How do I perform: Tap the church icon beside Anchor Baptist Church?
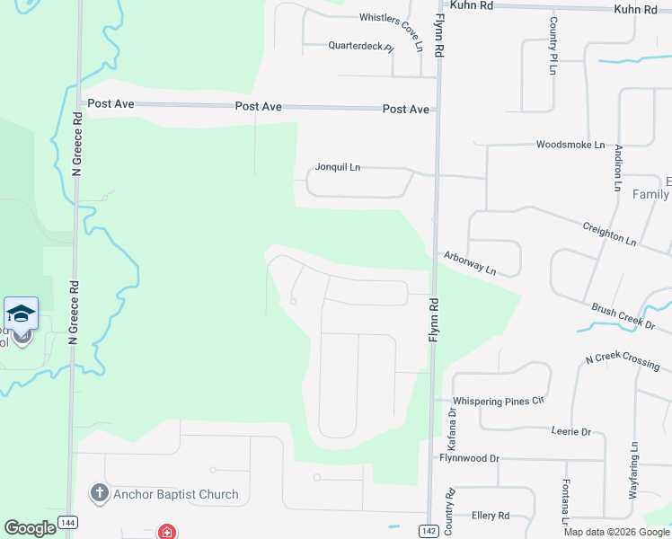point(99,493)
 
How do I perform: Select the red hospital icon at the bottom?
point(166,532)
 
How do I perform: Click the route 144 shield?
point(67,522)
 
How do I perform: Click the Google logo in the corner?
point(31,528)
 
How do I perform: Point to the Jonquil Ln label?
point(337,167)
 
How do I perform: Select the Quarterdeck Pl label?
point(360,45)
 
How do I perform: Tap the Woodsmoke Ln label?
point(570,144)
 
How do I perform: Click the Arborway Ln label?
point(469,262)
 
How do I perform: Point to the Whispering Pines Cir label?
point(500,400)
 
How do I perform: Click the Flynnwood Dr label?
point(469,458)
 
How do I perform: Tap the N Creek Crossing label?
point(622,361)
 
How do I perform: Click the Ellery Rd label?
point(491,516)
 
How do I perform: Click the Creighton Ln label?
point(609,235)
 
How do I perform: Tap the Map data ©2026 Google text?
point(616,532)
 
